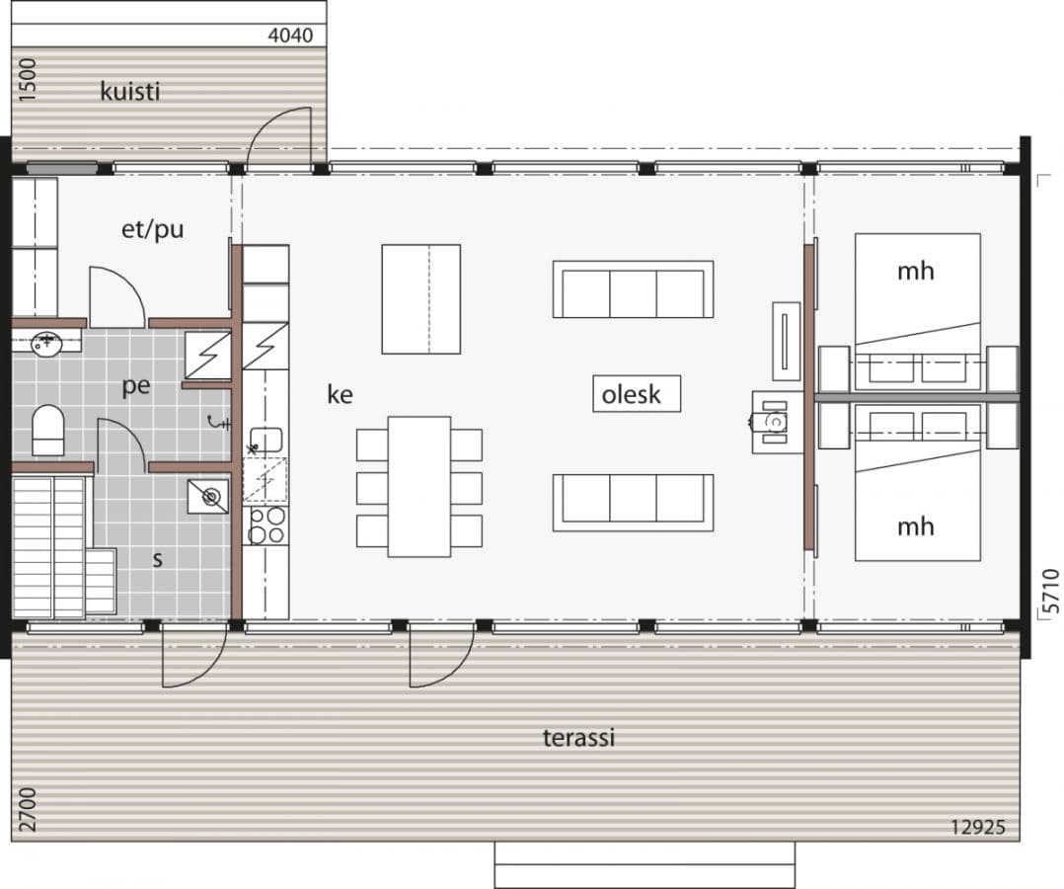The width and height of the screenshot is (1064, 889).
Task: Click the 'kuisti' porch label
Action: coord(129,92)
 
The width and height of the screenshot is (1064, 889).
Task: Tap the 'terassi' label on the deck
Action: coord(578,737)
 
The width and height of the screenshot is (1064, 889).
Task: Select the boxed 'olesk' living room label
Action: coord(637,394)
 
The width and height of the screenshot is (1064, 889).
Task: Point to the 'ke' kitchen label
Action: coord(340,394)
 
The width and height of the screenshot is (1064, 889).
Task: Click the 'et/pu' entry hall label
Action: coord(152,230)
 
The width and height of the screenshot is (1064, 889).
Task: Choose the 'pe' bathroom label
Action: coord(136,386)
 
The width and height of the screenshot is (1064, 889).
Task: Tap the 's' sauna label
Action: coord(157,559)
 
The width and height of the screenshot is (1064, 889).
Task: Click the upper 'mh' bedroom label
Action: coord(915,271)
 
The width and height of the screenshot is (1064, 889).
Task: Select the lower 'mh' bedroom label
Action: coord(915,526)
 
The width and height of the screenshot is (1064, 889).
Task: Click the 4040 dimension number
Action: coord(290,36)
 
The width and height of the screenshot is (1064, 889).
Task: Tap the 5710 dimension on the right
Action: coord(1049,591)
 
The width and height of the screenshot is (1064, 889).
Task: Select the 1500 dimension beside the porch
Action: coord(28,81)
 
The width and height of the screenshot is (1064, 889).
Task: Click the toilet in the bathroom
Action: coord(47,431)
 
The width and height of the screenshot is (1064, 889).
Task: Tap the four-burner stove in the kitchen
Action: coord(266,525)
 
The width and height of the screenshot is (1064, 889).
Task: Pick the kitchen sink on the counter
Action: coord(266,440)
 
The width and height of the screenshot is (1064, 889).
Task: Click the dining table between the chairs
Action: coord(419,486)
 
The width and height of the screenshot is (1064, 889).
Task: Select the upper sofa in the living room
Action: coord(633,289)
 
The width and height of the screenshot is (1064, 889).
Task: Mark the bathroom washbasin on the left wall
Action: coord(45,344)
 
